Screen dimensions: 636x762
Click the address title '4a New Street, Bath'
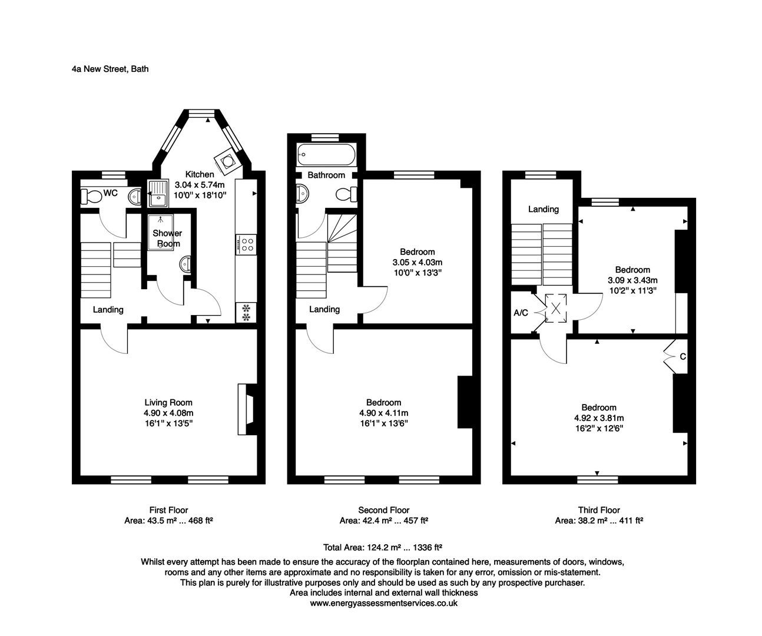click(110, 69)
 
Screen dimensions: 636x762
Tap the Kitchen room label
click(200, 174)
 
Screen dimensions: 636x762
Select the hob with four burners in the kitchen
click(246, 244)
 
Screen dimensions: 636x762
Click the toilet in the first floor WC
click(91, 196)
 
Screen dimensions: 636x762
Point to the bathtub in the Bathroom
click(326, 154)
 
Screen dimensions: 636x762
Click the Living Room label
click(168, 403)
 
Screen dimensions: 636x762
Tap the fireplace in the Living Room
click(247, 409)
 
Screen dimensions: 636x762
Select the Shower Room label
click(167, 238)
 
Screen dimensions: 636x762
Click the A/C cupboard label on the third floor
click(521, 313)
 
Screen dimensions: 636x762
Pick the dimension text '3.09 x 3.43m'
click(632, 280)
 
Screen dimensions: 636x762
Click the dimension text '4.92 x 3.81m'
click(599, 418)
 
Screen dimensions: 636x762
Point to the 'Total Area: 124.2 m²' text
click(382, 547)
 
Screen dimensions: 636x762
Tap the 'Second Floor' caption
click(383, 510)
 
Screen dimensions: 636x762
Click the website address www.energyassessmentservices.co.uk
click(383, 603)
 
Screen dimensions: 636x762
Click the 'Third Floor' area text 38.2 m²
click(599, 521)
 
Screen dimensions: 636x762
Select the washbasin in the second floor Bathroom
click(303, 193)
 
